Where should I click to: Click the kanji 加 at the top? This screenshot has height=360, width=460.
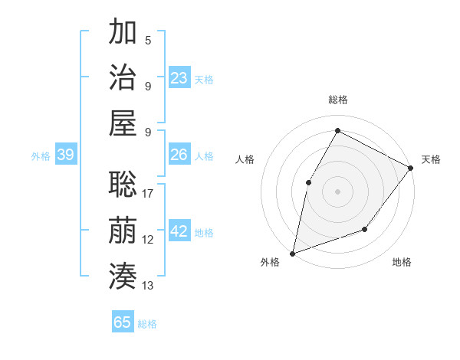[123, 33]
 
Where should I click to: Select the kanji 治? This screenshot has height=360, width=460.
[123, 78]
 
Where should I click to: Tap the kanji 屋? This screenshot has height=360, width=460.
[123, 124]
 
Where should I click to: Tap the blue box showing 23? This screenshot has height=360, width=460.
[179, 77]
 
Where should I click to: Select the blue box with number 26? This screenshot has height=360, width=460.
[179, 155]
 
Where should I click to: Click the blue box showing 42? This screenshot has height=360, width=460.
[179, 231]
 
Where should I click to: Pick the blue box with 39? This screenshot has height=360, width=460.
[66, 155]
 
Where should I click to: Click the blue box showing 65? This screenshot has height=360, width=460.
[123, 322]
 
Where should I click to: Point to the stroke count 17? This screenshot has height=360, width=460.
[148, 194]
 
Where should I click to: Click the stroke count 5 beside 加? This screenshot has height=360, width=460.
[148, 40]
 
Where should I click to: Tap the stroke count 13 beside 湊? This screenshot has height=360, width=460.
[148, 286]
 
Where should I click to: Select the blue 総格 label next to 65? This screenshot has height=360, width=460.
[147, 324]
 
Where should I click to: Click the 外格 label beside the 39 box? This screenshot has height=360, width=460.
[41, 156]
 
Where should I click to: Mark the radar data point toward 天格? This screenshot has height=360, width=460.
[410, 169]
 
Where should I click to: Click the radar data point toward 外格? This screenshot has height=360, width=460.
[293, 253]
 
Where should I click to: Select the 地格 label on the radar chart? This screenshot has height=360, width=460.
[402, 262]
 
